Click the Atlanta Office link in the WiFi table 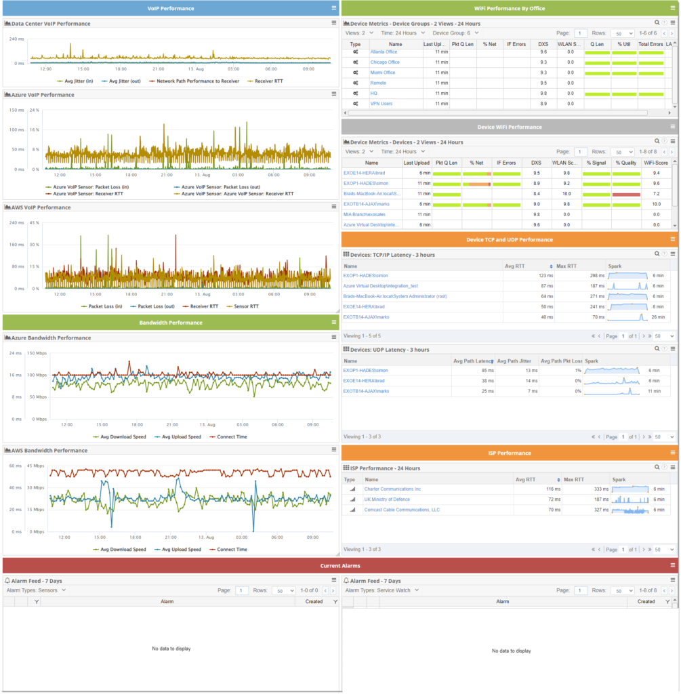tap(384, 52)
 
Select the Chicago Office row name tap(384, 62)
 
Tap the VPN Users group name tap(381, 103)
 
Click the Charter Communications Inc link tap(392, 489)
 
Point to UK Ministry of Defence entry tap(387, 499)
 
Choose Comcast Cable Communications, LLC tap(402, 509)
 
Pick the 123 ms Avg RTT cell tap(545, 276)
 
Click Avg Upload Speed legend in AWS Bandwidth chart tap(178, 550)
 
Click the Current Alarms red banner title tap(340, 565)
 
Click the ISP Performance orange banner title tap(509, 453)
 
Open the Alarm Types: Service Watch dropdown tap(382, 590)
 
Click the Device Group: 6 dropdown tap(455, 33)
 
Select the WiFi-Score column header tap(655, 163)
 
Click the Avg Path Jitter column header tap(516, 361)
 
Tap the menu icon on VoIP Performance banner tap(333, 8)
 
